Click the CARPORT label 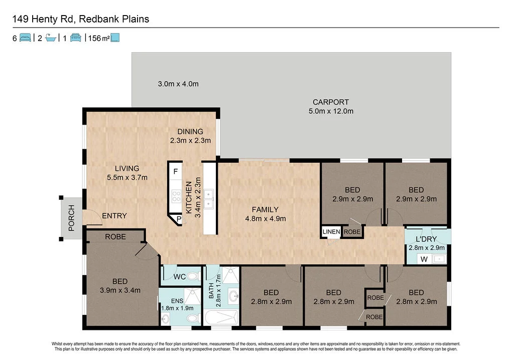coord(330,102)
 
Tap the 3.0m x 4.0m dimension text coord(178,84)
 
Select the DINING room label coord(190,132)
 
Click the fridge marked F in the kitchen coord(176,172)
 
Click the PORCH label coord(71,218)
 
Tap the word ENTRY coord(114,216)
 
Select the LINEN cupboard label coord(331,232)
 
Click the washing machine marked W coord(424,260)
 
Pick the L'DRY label coord(426,239)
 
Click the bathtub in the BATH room coord(221,317)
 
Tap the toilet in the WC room coord(193,276)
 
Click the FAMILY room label coord(265,209)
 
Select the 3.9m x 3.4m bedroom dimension coord(120,290)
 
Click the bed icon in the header coord(25,38)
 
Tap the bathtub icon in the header coord(51,38)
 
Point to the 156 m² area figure coord(99,38)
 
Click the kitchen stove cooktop coord(176,196)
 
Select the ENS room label coord(177,301)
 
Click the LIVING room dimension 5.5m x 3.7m coord(127,177)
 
